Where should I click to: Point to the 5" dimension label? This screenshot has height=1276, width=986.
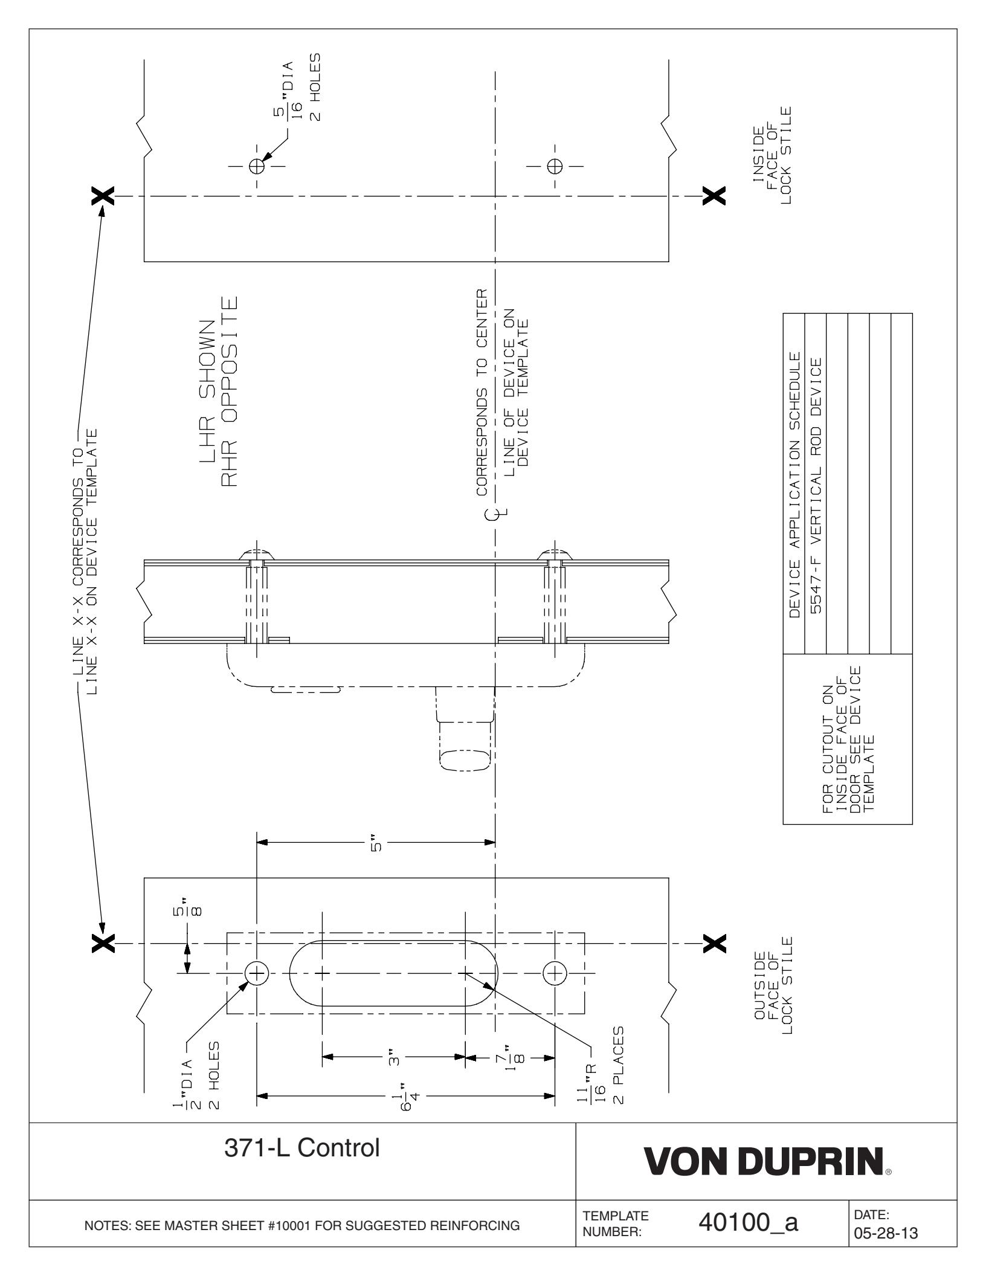[376, 843]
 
